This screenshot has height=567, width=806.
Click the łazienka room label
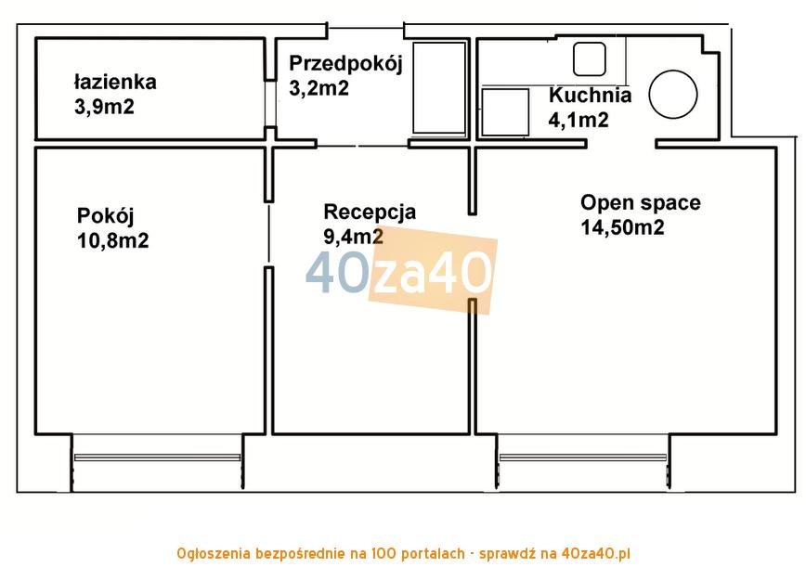pos(115,83)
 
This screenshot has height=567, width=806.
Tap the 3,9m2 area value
pos(104,107)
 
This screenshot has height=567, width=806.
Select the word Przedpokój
pos(345,64)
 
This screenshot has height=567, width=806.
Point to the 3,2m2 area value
pos(318,88)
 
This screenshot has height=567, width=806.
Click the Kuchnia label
pos(590,95)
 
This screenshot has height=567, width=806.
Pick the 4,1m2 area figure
pos(578,120)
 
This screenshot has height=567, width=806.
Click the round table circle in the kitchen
pos(673,95)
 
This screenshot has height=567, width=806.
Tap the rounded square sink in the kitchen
pos(589,59)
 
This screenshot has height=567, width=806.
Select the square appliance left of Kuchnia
pos(505,112)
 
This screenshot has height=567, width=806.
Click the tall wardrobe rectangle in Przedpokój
pos(439,89)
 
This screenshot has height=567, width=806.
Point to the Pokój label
pos(105,216)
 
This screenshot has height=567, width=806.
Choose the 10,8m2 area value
pos(113,240)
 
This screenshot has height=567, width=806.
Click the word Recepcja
pos(370,213)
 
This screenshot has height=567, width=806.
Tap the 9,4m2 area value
pos(353,237)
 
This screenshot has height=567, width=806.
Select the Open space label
pos(641,203)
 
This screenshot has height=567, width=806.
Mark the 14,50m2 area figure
pos(622,227)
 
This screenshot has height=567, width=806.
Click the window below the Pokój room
pos(157,457)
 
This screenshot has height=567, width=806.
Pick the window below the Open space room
pos(583,457)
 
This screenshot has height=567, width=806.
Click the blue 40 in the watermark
pos(337,273)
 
